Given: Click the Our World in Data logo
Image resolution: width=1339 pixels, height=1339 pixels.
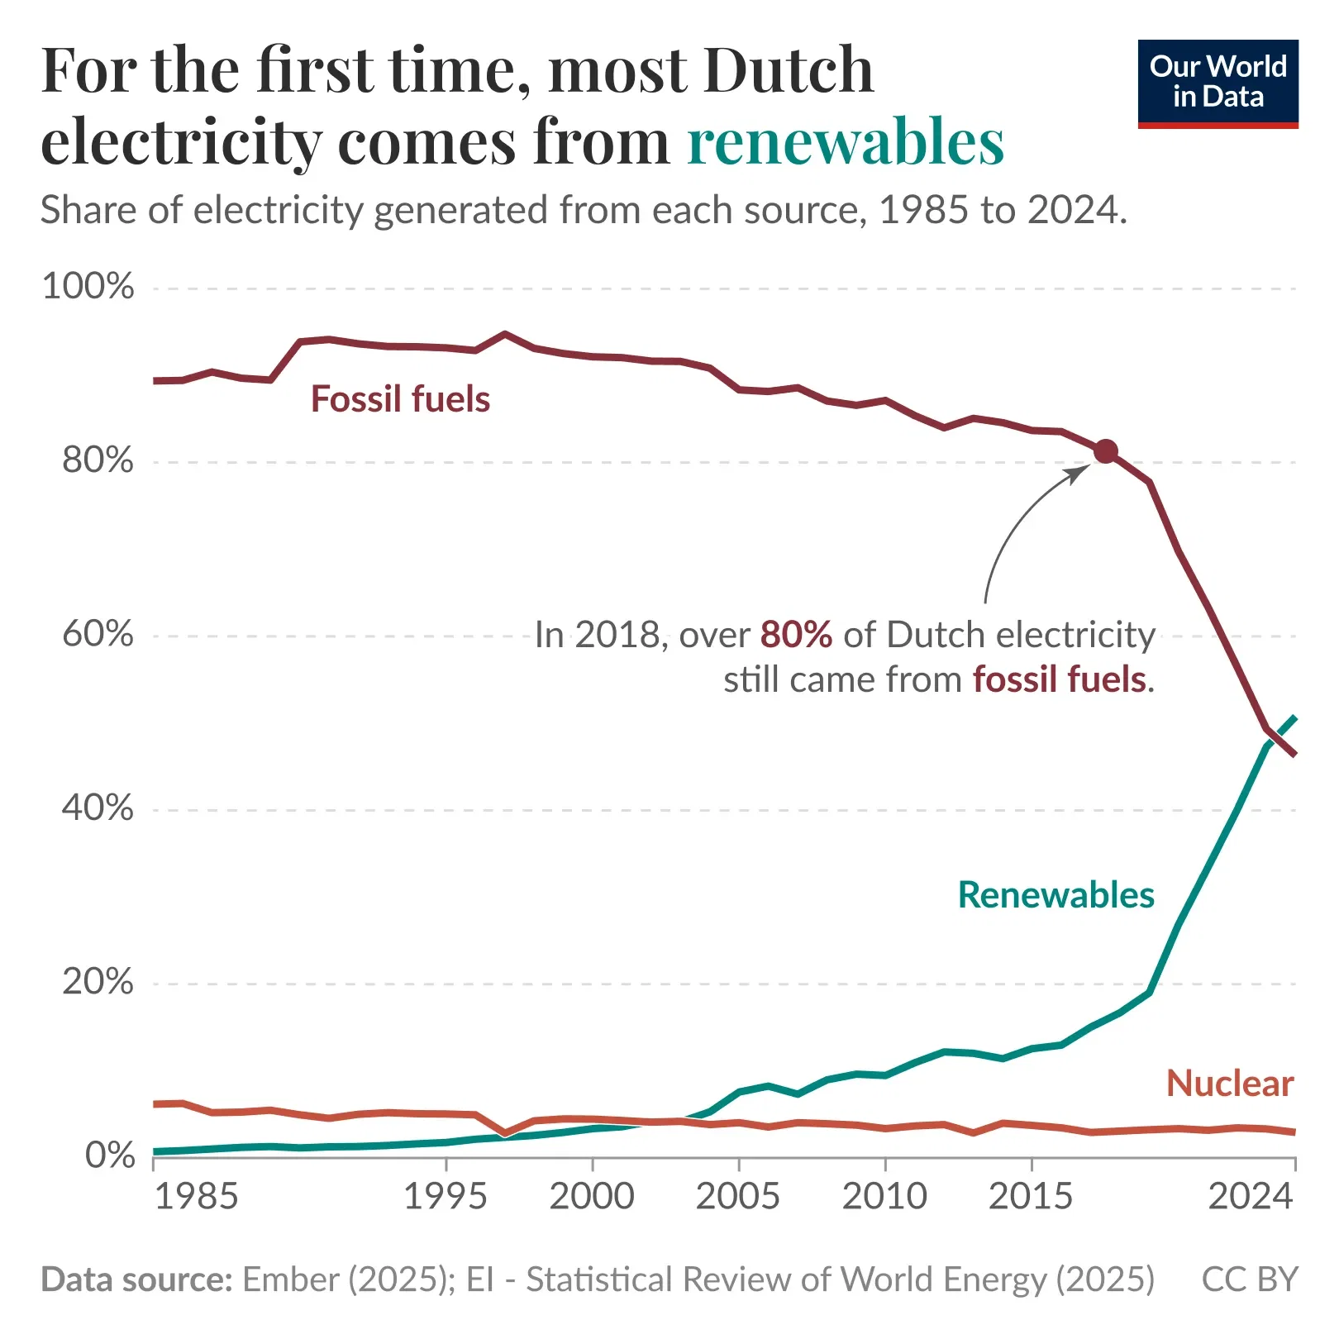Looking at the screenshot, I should click(x=1217, y=83).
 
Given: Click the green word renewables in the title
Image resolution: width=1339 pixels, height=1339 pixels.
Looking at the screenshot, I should click(x=845, y=142).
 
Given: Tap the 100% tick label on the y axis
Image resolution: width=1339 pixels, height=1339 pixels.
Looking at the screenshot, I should click(x=88, y=287).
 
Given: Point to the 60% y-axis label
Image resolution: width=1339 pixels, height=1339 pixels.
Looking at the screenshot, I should click(x=98, y=634).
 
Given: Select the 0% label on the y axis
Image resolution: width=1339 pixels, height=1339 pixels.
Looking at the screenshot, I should click(x=110, y=1156).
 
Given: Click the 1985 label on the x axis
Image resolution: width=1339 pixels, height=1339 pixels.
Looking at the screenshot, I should click(x=196, y=1196).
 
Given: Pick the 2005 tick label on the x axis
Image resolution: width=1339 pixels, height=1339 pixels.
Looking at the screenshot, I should click(x=737, y=1196).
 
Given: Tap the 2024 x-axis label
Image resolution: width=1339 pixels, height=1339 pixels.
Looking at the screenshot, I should click(x=1250, y=1196).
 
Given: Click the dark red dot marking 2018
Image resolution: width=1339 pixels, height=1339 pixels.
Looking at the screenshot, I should click(x=1105, y=451).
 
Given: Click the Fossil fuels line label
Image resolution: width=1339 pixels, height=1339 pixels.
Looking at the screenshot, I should click(x=400, y=399).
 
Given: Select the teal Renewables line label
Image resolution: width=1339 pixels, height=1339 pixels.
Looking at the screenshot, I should click(x=1055, y=895).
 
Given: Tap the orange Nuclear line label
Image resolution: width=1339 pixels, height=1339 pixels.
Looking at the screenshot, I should click(x=1229, y=1084).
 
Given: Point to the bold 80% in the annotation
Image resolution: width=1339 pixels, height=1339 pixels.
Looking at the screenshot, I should click(x=795, y=635).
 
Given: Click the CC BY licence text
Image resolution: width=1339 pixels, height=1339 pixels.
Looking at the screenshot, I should click(x=1249, y=1279).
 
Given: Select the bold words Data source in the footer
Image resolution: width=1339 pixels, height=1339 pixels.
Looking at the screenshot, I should click(x=136, y=1279).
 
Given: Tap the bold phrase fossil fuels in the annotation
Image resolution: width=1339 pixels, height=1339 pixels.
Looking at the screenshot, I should click(x=1059, y=679).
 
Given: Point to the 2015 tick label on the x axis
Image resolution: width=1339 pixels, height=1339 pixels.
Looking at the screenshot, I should click(x=1030, y=1196).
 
